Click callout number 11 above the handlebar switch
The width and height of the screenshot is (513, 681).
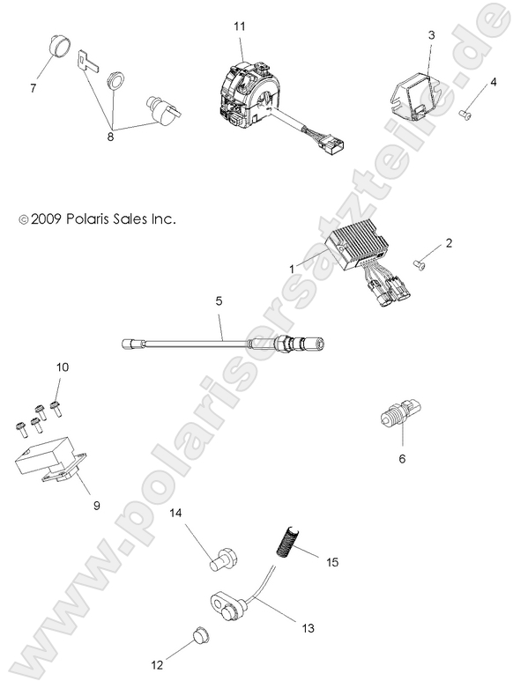(238, 28)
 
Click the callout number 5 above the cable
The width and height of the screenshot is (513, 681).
(219, 301)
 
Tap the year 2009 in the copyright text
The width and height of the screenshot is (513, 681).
(42, 218)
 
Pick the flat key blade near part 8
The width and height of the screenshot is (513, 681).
(85, 60)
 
